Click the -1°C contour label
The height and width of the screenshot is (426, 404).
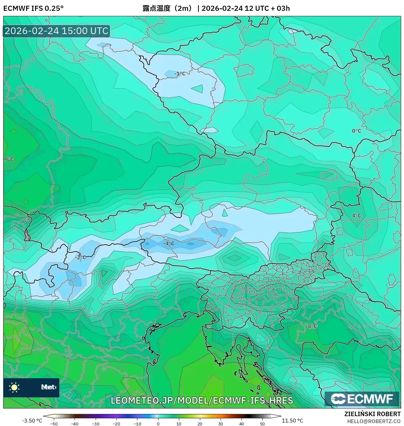180,74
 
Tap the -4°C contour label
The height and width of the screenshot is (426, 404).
169,244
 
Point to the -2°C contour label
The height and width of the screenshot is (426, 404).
81,257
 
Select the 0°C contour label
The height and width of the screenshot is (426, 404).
356,131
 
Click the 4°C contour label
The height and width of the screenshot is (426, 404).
356,216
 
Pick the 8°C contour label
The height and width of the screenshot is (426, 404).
312,326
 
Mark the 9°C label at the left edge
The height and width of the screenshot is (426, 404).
9,159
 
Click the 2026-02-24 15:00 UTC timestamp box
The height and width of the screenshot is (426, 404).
56,31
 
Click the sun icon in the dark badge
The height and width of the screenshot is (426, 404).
14,387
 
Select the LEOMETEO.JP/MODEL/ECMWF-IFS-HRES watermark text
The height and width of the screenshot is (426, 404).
202,401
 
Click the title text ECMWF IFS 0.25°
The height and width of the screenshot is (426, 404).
33,8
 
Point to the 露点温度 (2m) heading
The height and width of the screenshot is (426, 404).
168,8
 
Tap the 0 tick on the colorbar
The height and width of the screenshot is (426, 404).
158,423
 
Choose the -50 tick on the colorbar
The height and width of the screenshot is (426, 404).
54,423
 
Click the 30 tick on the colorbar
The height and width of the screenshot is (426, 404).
221,423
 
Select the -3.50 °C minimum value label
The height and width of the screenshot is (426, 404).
32,421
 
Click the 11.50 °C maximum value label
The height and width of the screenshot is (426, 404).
292,421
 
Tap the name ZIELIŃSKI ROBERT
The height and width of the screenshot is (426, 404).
372,414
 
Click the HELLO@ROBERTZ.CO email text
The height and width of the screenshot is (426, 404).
374,421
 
